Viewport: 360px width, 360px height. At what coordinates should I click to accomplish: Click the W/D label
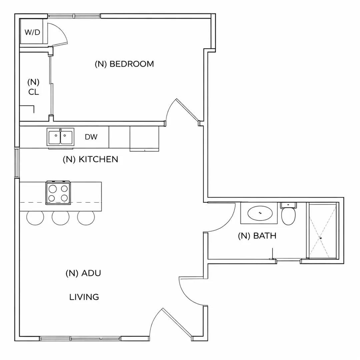point(33,33)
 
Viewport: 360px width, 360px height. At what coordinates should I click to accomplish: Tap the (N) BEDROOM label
point(124,64)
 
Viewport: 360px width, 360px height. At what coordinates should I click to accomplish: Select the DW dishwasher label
point(91,137)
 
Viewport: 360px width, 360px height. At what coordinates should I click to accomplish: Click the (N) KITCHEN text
point(90,159)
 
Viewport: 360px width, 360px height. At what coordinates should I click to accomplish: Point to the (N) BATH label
point(257,236)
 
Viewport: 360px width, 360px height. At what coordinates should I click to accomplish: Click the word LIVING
point(84,297)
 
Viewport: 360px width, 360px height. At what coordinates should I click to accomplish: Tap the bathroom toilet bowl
point(288,217)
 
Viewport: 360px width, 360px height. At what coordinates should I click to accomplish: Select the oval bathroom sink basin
point(260,213)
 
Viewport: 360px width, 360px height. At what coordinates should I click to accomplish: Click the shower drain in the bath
point(321,238)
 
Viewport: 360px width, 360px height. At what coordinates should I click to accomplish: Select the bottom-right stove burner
point(64,198)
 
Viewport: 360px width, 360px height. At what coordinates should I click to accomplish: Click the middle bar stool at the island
point(61,218)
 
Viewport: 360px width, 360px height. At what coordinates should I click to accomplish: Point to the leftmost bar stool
point(35,218)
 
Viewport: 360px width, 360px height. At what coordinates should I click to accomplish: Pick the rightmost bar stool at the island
point(86,218)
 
